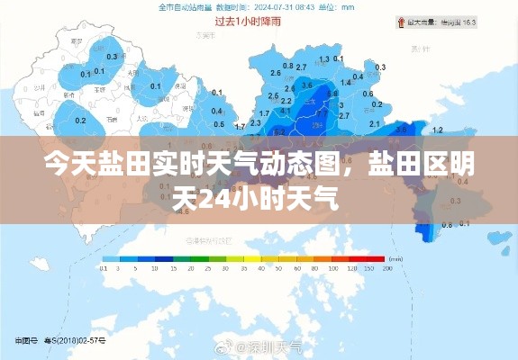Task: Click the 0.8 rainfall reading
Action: point(288,66)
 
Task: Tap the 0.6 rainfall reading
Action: point(368,93)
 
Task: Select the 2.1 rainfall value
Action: point(375,122)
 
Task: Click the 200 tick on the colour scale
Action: point(387,268)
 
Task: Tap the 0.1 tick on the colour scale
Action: point(104,268)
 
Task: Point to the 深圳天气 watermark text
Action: point(275,346)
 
